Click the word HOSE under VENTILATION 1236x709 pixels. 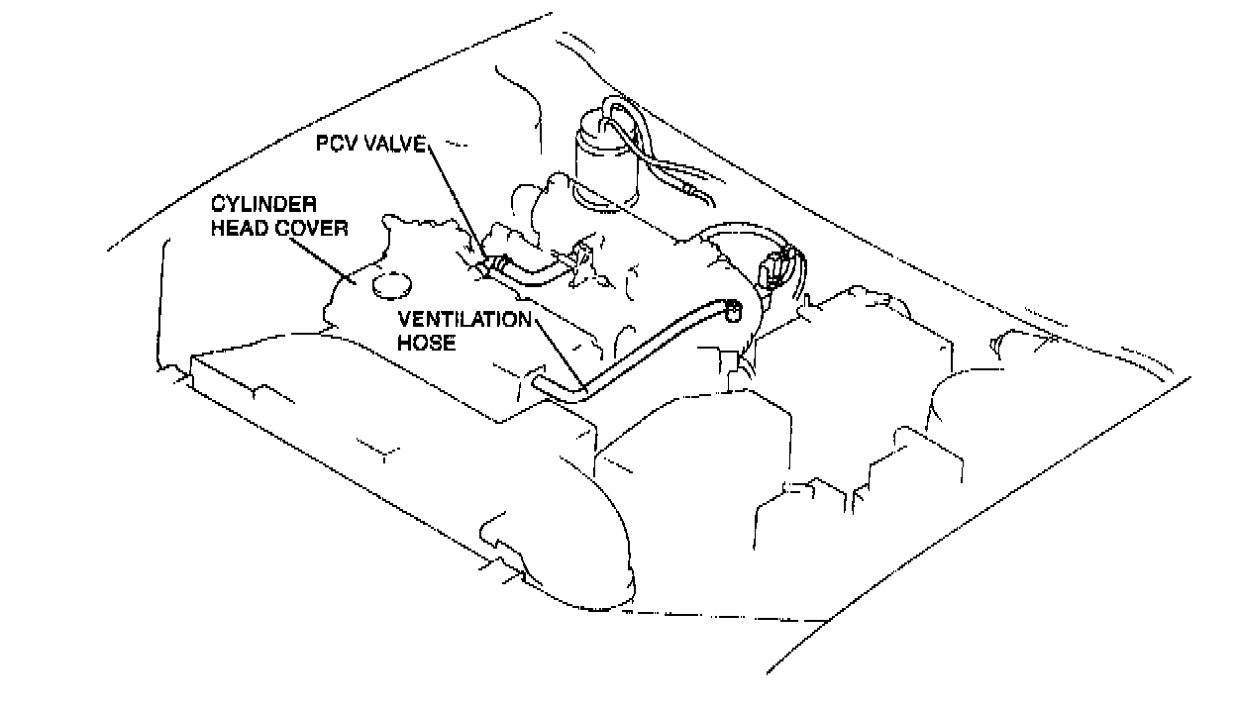pyautogui.click(x=426, y=343)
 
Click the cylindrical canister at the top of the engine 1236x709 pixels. pyautogui.click(x=600, y=158)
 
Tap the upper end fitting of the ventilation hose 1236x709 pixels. pyautogui.click(x=732, y=310)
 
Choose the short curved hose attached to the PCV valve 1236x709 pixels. pyautogui.click(x=535, y=271)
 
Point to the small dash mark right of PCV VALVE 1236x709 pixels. pyautogui.click(x=458, y=146)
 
